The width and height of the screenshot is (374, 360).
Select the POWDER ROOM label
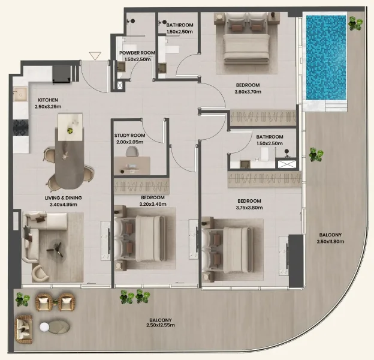pos(137,53)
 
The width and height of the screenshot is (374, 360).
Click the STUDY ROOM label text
pos(130,136)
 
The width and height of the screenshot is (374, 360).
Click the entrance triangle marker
pos(94,56)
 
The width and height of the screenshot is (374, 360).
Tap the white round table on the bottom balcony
pos(44,327)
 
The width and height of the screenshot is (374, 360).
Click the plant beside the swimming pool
pos(356,24)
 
